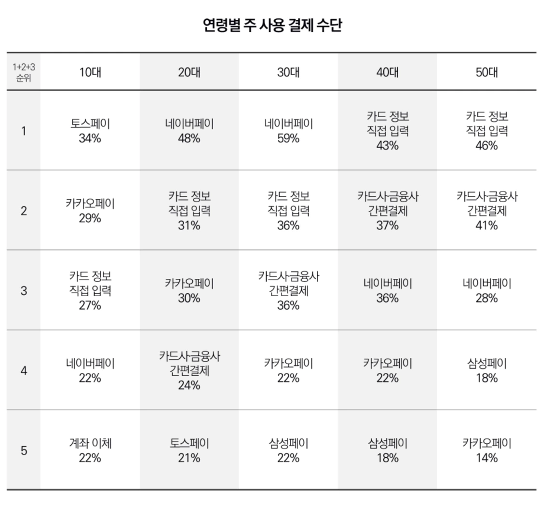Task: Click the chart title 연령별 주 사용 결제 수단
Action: (272, 25)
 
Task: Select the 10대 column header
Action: (90, 72)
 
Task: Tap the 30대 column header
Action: (288, 72)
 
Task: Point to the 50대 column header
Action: (486, 72)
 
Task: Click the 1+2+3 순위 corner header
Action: (24, 72)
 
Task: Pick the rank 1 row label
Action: (24, 131)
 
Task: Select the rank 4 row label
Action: (24, 370)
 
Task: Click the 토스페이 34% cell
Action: (90, 131)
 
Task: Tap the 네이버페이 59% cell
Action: (288, 131)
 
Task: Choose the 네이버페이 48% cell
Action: (189, 131)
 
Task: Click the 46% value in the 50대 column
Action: (486, 146)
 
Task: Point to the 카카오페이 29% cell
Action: (90, 211)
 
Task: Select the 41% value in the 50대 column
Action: (486, 226)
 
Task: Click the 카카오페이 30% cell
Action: (189, 291)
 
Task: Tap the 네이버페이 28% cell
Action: (486, 291)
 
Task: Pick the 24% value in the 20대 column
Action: (189, 385)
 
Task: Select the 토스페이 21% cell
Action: (189, 450)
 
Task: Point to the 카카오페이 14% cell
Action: (486, 450)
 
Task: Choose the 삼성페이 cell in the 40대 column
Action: (388, 450)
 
